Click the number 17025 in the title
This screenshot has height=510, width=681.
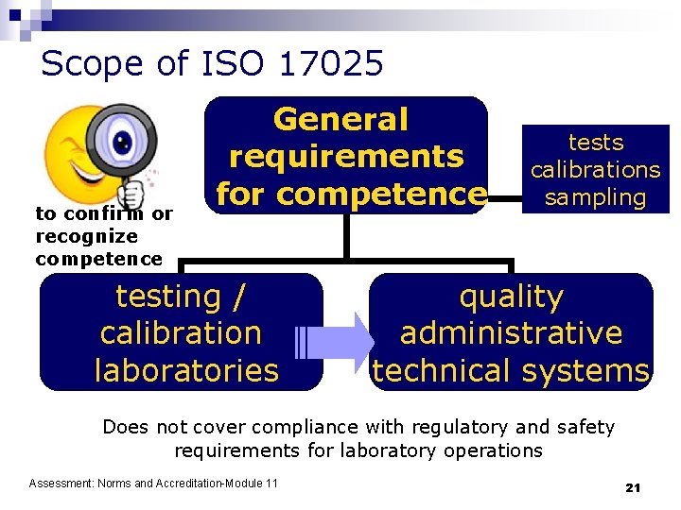[332, 64]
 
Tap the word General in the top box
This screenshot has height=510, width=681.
[340, 120]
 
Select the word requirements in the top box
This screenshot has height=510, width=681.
[346, 157]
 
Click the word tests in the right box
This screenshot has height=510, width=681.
[596, 143]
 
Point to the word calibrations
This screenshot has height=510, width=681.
[596, 170]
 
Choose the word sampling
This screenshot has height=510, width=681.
[596, 198]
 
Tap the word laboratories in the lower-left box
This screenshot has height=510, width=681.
[187, 370]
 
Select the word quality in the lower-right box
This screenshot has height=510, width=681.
[511, 297]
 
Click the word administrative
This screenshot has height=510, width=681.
[511, 333]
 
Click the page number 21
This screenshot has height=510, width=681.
[633, 487]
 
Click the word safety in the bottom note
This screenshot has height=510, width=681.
[585, 428]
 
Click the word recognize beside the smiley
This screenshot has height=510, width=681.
[86, 236]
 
